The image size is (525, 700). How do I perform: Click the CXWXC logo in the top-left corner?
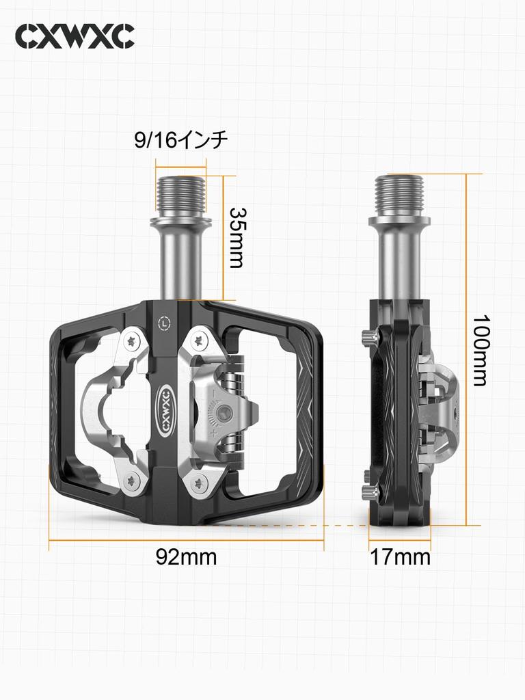coord(75,36)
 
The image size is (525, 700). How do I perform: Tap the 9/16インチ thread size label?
coord(180,141)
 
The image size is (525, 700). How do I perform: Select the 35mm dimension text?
coord(236,237)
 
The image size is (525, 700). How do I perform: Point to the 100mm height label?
coord(481,350)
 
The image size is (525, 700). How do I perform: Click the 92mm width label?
coord(186,557)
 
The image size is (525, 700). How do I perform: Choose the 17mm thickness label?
coord(400,557)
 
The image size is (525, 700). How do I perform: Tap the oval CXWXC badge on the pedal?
coord(166,409)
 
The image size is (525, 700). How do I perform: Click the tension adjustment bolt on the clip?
coord(217,411)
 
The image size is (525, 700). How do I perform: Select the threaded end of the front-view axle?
coord(180,194)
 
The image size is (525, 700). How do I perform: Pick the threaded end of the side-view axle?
coord(399,194)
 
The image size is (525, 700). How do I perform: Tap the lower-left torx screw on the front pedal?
coord(131,481)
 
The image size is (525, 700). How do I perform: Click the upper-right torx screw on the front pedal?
coord(198,339)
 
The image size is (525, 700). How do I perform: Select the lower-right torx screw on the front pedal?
coord(199,483)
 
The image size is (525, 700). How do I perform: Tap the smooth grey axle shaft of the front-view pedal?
coord(180,263)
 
